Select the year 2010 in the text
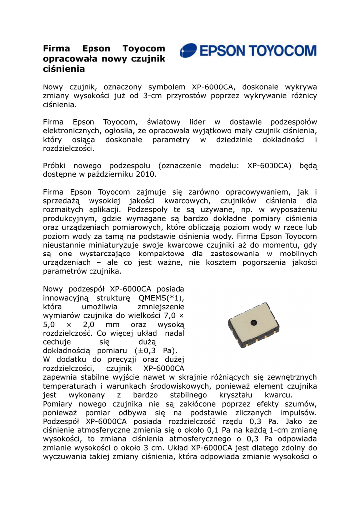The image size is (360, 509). click(x=146, y=174)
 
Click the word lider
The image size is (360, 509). click(x=199, y=122)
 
